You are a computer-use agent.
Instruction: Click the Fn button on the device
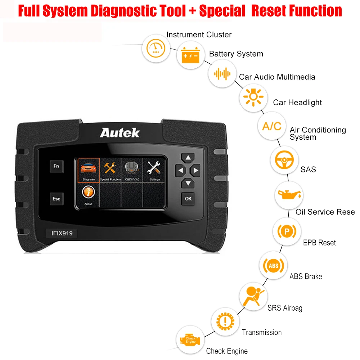[56, 166]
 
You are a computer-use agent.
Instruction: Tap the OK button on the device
[188, 198]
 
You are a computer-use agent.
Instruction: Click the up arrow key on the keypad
[188, 157]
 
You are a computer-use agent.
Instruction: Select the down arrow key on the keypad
[188, 183]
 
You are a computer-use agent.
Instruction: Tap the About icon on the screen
[88, 194]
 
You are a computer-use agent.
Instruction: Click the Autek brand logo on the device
[119, 132]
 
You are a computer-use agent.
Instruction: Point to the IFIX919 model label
[59, 233]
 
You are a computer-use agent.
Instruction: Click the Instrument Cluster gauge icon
[155, 49]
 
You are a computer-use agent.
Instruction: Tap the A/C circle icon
[271, 126]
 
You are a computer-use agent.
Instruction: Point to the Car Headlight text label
[297, 103]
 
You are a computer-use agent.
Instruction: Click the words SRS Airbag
[285, 308]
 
